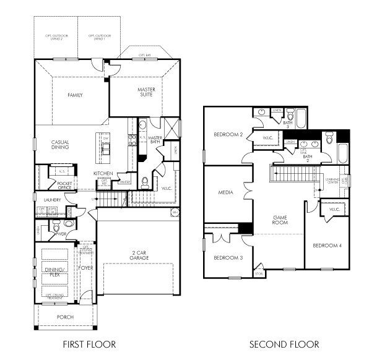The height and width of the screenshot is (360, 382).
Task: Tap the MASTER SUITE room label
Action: pyautogui.click(x=146, y=92)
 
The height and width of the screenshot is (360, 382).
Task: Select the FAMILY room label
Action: pyautogui.click(x=76, y=95)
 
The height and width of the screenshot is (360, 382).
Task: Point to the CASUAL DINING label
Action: pyautogui.click(x=60, y=145)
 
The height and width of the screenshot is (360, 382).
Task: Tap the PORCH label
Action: pyautogui.click(x=64, y=317)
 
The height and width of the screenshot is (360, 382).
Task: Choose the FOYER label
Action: pyautogui.click(x=85, y=269)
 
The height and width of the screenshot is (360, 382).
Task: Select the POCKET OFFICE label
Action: pyautogui.click(x=64, y=186)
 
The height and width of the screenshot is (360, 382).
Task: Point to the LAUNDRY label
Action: pyautogui.click(x=53, y=200)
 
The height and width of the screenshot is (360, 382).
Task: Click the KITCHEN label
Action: pyautogui.click(x=102, y=173)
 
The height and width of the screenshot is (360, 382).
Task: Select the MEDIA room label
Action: pyautogui.click(x=225, y=193)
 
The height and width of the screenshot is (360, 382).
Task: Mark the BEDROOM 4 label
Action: pyautogui.click(x=327, y=246)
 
